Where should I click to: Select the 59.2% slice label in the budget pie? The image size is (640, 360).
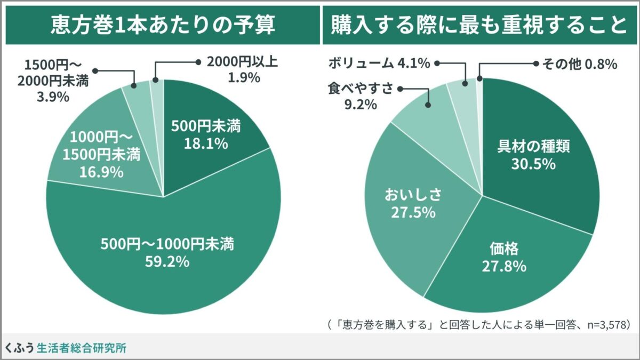tap(167, 253)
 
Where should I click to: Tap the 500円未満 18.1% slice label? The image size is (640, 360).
tap(205, 135)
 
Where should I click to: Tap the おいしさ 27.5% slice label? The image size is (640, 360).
tap(413, 203)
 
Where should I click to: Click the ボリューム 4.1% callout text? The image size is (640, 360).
tap(379, 63)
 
